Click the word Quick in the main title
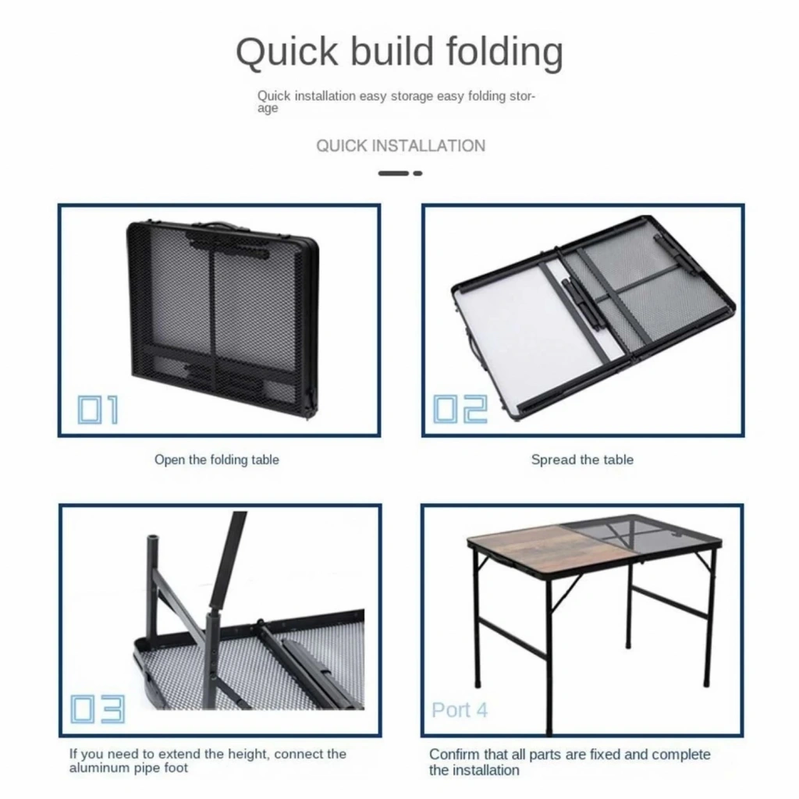(287, 52)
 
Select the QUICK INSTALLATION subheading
(400, 146)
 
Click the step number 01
(98, 409)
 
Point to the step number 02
(460, 409)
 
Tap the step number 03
(97, 708)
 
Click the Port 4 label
(459, 710)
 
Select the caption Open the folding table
(217, 460)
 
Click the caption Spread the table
(582, 460)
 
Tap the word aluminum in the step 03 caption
(96, 768)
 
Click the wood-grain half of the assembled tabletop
(519, 549)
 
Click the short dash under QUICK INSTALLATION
(418, 173)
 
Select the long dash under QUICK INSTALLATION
(393, 173)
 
